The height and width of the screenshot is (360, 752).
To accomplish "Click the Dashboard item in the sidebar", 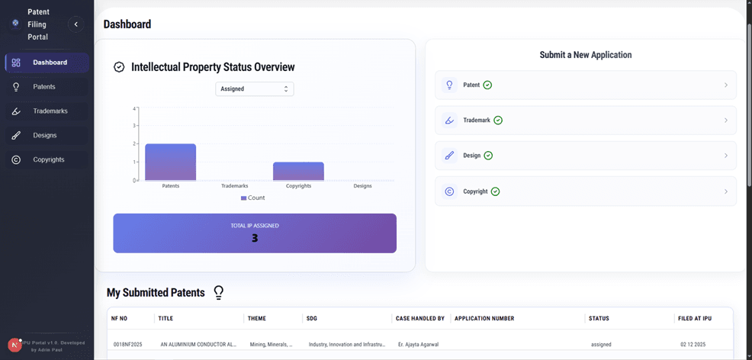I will (x=50, y=63).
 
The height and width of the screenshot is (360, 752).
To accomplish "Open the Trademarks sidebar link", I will (x=50, y=111).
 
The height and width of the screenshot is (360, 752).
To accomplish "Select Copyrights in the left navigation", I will (x=48, y=160).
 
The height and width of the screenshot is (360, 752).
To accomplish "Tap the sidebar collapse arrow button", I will (x=76, y=24).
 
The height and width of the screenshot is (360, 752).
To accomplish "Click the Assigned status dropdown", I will (x=255, y=89).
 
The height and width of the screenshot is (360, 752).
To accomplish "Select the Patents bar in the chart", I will (x=170, y=162).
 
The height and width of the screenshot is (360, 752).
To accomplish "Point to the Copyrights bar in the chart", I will (x=298, y=171).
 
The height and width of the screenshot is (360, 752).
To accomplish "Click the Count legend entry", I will (x=253, y=198).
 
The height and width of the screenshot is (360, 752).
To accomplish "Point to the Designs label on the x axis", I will (x=363, y=186).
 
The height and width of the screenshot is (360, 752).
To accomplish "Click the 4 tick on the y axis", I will (x=134, y=108).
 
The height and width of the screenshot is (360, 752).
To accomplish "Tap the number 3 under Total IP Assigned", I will (x=255, y=238).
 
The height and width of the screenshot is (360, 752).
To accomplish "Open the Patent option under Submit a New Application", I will (x=586, y=85).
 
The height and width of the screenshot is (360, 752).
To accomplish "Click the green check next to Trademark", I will (x=498, y=121).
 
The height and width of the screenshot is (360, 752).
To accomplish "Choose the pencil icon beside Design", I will (x=449, y=156).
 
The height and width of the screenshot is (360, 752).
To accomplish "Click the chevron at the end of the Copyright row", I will (x=725, y=191).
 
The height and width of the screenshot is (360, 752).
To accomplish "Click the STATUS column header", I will (x=599, y=318).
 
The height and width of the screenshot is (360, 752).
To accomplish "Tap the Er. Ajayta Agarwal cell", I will (x=418, y=345).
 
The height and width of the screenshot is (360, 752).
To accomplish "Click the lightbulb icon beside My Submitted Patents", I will (x=219, y=292).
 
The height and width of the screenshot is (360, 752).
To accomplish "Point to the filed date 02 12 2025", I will (x=694, y=345).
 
